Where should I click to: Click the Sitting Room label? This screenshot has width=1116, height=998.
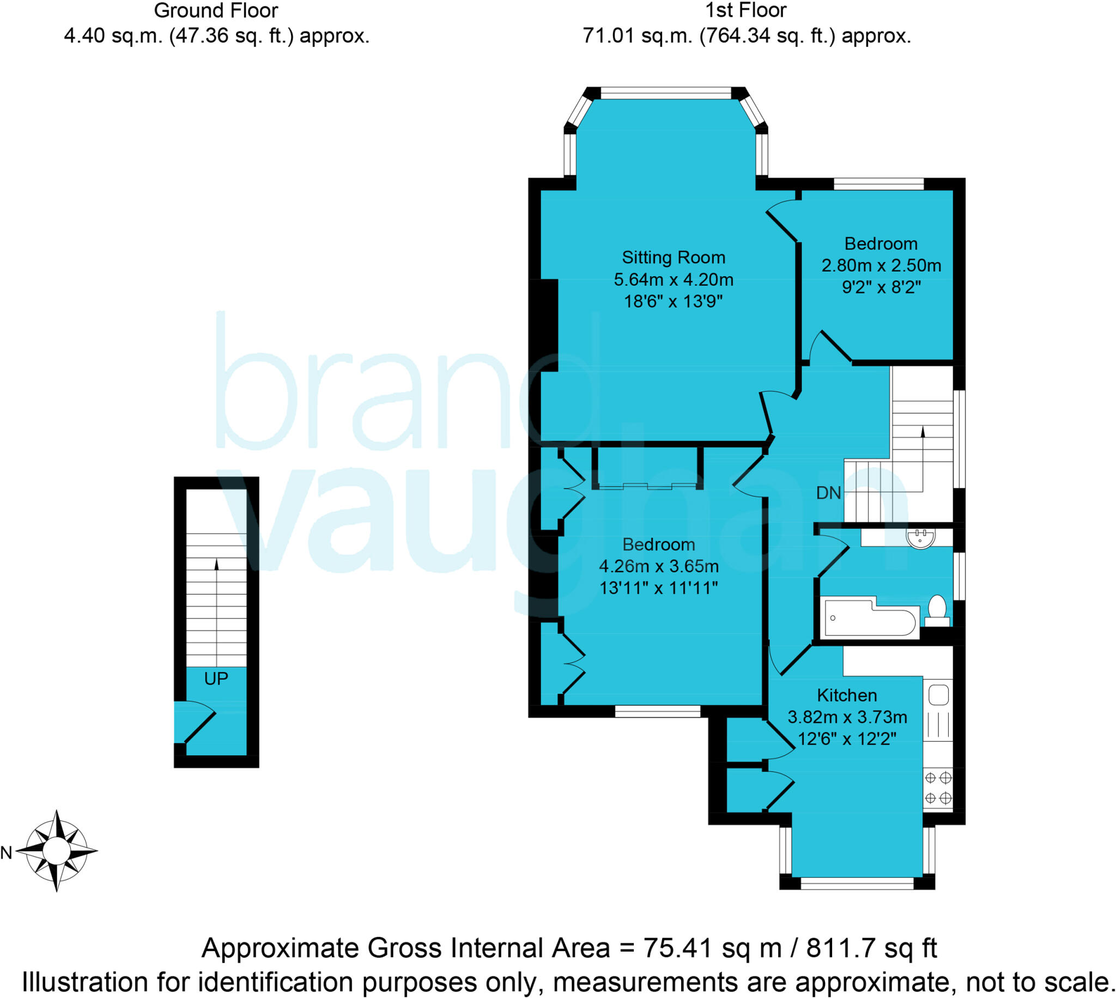pos(673,257)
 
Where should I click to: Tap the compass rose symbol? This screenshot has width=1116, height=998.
pos(56,850)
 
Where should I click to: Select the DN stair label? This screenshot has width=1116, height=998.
pos(828,493)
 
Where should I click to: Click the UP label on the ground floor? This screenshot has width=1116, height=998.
pos(216,679)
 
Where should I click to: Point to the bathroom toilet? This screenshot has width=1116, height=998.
pos(937,610)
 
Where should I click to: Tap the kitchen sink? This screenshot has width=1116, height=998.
pos(938,695)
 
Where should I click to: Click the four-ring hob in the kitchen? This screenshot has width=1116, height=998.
pos(938,787)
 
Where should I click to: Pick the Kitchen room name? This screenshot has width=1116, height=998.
pos(847,695)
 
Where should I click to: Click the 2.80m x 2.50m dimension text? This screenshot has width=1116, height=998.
pos(881,265)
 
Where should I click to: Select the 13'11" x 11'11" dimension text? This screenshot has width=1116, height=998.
pos(658,588)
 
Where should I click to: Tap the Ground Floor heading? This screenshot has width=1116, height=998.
pos(216,10)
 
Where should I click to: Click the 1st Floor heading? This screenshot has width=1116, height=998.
pos(745,10)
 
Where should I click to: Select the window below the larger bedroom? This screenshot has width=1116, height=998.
pos(657,712)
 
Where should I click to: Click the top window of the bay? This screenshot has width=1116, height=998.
pos(665,93)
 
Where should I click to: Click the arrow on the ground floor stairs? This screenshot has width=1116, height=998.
pos(216,565)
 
